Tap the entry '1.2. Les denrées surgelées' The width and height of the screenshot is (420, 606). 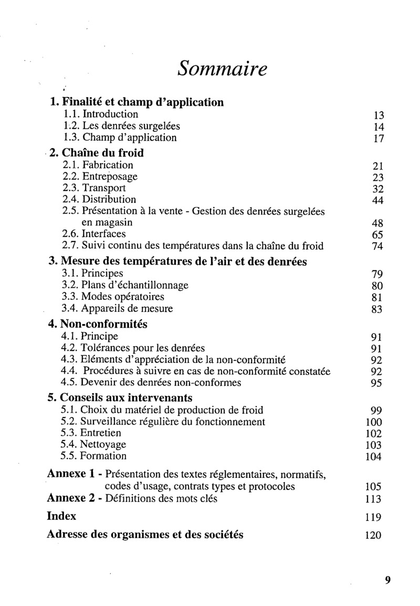[x=121, y=126]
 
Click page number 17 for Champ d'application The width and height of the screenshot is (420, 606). [x=379, y=139]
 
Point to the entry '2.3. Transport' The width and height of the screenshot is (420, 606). [x=93, y=188]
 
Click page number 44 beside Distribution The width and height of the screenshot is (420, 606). [x=378, y=201]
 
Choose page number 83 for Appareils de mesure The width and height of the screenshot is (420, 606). [x=378, y=309]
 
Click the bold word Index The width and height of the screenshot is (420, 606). [x=61, y=516]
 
